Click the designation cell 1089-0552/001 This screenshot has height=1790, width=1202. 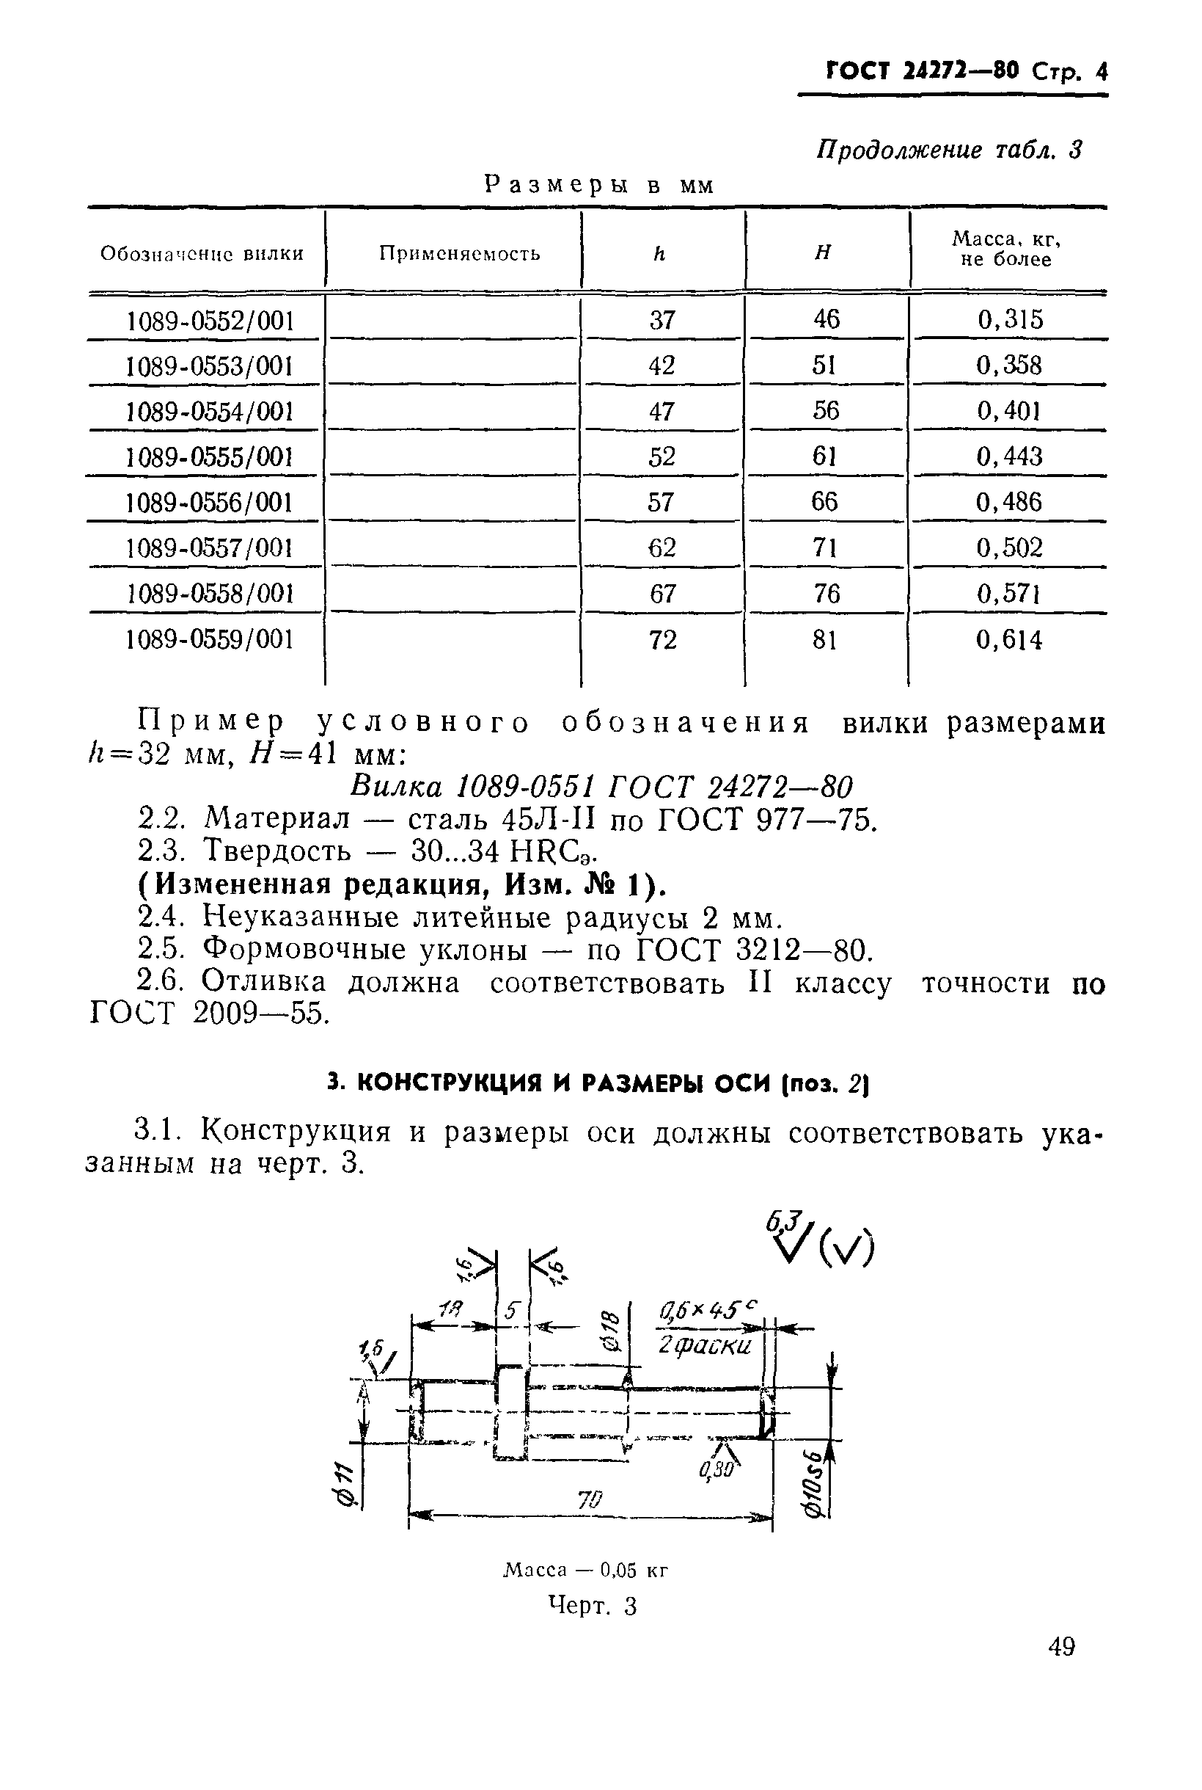[x=210, y=321]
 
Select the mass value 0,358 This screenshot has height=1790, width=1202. [x=1009, y=365]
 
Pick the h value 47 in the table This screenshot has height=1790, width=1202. [x=662, y=411]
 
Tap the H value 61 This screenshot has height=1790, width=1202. [x=825, y=456]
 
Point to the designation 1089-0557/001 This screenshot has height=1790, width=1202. [x=210, y=547]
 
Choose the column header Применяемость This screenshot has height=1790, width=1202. [x=459, y=253]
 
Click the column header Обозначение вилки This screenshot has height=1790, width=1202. [x=202, y=253]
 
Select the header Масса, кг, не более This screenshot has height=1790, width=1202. [x=1006, y=250]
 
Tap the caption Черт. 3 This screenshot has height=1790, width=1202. [x=593, y=1605]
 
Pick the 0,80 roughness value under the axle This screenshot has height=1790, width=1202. [x=716, y=1469]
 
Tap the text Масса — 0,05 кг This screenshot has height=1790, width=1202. [x=586, y=1570]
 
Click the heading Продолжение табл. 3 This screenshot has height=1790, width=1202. [x=949, y=150]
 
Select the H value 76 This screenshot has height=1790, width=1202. [x=826, y=594]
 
